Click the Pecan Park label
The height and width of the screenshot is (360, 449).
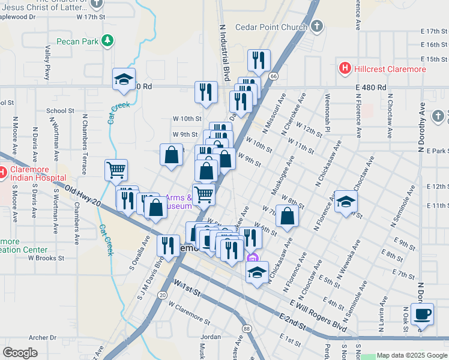[77, 41]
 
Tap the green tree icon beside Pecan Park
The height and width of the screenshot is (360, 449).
[107, 41]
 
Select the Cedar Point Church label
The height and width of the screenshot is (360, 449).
[271, 26]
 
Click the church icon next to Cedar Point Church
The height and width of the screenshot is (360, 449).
[316, 26]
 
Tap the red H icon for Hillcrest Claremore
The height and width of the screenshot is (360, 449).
[345, 68]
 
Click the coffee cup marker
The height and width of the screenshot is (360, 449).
[423, 314]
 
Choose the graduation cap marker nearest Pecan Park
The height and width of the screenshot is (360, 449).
[124, 79]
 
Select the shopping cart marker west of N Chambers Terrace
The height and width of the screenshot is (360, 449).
[115, 169]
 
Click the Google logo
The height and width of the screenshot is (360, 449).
[20, 353]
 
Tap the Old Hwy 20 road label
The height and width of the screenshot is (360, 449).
[83, 197]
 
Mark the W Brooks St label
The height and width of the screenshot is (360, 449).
[46, 258]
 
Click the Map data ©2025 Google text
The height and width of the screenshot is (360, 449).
[412, 355]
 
